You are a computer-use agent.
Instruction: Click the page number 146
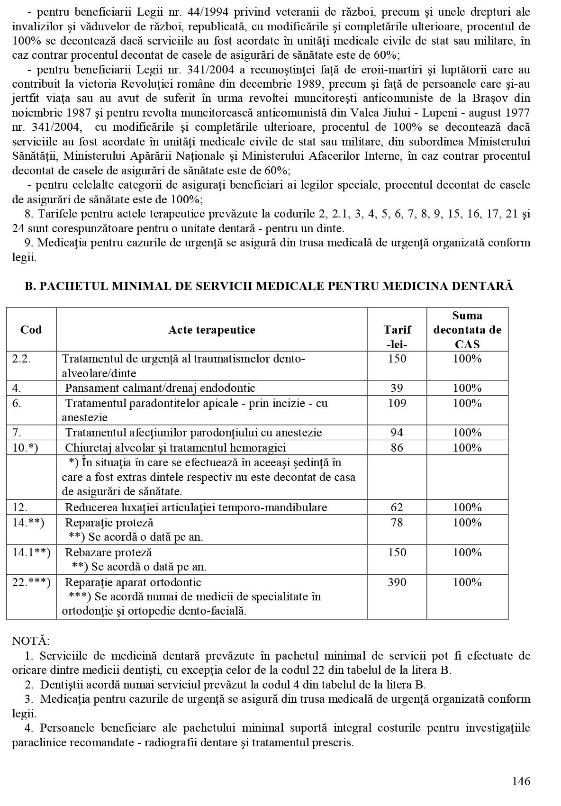coord(521,781)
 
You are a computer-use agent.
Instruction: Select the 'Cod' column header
coord(31,330)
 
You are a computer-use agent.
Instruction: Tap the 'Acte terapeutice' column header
coord(211,330)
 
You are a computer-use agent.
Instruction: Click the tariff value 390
coord(397,582)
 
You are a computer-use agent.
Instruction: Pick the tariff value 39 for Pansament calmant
coord(397,388)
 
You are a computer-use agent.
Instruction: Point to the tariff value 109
coord(397,403)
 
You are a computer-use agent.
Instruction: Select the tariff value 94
coord(397,433)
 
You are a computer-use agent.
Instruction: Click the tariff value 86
coord(397,448)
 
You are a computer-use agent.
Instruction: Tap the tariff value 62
coord(397,507)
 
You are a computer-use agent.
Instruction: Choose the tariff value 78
coord(397,523)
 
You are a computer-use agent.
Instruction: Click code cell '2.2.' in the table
coord(21,359)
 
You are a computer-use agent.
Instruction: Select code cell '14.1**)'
coord(31,552)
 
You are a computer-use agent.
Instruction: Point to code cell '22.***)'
coord(31,582)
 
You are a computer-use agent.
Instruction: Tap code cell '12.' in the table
coord(20,507)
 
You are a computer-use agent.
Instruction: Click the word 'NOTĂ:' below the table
coord(30,641)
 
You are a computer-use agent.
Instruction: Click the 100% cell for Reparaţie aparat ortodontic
coord(467,582)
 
